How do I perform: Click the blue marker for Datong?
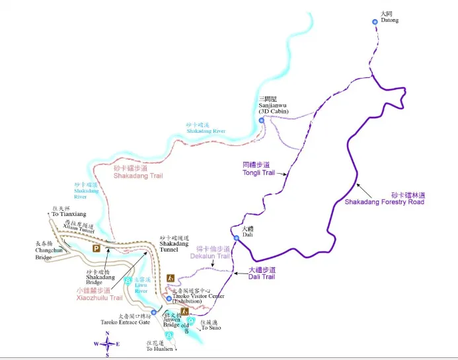point(375,22)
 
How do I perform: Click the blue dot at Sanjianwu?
point(262,120)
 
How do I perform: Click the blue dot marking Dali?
point(236,238)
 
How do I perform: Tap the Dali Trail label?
point(261,273)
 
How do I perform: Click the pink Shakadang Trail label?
point(137,172)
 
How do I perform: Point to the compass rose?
point(107,343)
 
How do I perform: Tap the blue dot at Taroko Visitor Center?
point(169,299)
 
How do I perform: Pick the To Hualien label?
point(159,347)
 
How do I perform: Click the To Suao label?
point(211,324)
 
